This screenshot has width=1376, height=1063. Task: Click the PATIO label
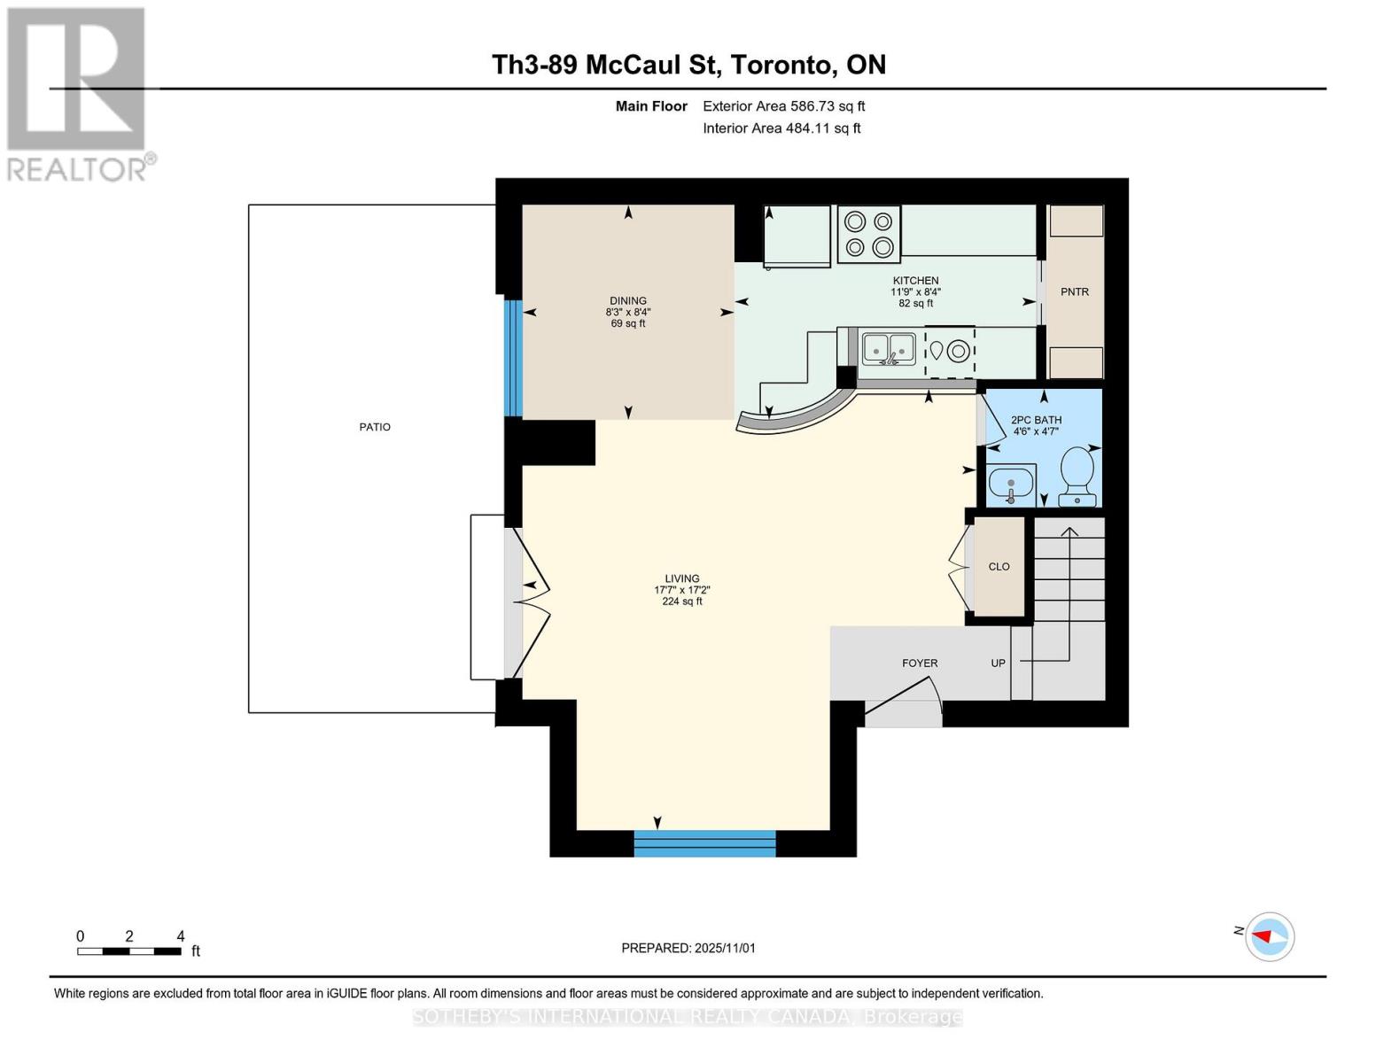click(375, 427)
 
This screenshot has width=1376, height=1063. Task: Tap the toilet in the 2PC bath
click(1077, 475)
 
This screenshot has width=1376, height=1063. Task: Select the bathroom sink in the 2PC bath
click(1010, 485)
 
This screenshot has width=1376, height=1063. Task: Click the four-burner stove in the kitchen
click(868, 234)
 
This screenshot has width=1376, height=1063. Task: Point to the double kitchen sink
click(889, 348)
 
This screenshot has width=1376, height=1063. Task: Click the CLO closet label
click(999, 567)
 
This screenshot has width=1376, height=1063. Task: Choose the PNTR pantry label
click(1075, 292)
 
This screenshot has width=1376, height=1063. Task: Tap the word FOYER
click(920, 663)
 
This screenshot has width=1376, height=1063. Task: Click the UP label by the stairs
click(998, 663)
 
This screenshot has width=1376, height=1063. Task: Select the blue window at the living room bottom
click(705, 843)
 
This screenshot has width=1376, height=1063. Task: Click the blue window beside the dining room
click(513, 358)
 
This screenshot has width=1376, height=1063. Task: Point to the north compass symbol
click(1270, 936)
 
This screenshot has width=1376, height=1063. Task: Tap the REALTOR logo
click(77, 93)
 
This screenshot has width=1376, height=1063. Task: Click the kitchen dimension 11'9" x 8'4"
click(915, 291)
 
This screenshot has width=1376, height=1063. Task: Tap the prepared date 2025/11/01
click(725, 949)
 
